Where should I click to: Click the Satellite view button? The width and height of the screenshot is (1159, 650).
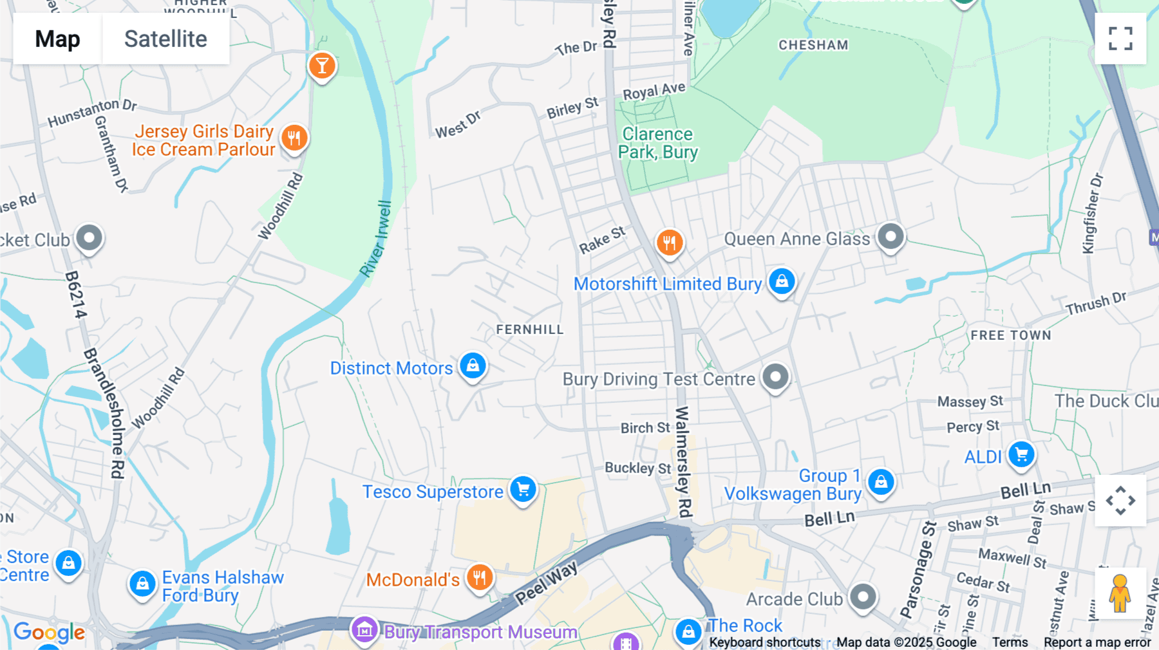165,39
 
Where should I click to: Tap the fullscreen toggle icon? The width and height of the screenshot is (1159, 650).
1120,39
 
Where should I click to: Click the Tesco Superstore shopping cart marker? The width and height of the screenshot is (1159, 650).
523,490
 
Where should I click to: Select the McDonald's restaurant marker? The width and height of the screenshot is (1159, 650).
480,577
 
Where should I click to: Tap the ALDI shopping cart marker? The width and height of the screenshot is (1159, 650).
1021,455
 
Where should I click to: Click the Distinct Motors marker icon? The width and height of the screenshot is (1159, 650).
473,366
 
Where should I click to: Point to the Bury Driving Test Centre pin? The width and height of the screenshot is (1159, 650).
775,377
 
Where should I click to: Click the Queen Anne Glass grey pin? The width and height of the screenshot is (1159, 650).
891,237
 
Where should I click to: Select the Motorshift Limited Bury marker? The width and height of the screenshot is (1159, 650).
782,282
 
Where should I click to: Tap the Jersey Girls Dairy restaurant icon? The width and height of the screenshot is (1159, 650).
294,138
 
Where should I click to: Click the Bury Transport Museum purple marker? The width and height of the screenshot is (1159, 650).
364,630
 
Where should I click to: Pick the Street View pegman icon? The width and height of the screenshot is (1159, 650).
1120,593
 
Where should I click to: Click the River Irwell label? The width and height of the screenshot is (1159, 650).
376,239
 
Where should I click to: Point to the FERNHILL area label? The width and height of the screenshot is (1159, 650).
529,330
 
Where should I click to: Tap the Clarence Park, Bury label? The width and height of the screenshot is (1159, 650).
657,143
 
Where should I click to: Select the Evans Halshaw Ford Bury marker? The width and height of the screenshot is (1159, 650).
142,584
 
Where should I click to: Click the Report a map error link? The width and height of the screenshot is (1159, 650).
1097,642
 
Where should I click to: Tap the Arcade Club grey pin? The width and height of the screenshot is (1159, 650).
863,597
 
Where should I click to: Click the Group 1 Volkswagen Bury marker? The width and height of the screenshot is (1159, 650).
881,482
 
